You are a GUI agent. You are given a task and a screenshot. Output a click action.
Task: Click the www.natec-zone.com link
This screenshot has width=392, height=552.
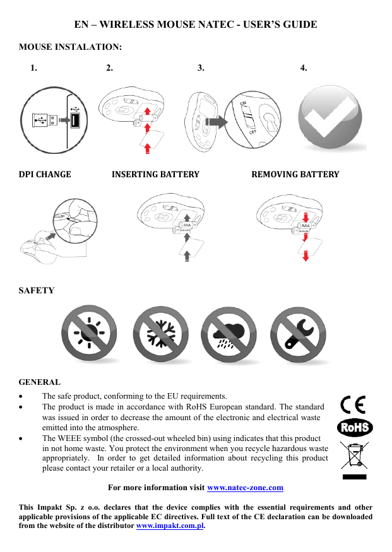tap(245, 488)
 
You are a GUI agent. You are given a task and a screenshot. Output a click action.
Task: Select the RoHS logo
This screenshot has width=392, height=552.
tap(355, 428)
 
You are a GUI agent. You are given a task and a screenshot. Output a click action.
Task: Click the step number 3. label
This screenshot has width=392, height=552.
tap(201, 68)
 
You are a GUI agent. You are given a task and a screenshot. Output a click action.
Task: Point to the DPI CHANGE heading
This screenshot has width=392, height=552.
tap(45, 174)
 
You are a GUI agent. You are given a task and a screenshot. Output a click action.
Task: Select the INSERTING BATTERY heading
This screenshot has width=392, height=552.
tap(155, 174)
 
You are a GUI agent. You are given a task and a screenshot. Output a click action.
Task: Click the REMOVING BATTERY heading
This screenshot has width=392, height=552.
tap(295, 174)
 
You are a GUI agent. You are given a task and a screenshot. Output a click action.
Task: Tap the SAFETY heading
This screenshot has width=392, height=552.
tap(37, 290)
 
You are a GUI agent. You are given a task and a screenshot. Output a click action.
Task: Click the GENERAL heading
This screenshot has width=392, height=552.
tap(40, 382)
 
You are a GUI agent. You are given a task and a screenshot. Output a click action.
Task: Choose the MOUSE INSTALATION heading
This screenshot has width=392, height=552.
tap(70, 47)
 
